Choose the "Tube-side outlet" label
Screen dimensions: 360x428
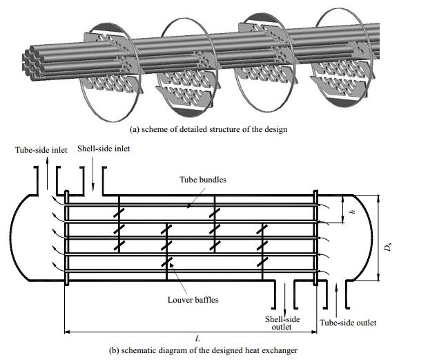coord(349,323)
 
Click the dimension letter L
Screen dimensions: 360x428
coord(197,339)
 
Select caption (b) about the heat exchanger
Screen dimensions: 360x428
coord(204,350)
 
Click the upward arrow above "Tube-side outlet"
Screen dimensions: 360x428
coord(336,297)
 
